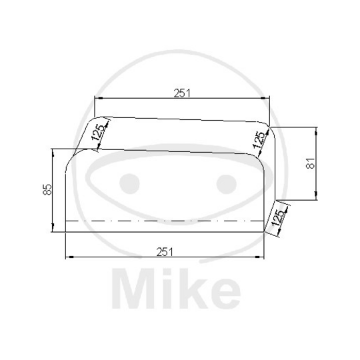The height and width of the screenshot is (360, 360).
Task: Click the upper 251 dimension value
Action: (x=181, y=93)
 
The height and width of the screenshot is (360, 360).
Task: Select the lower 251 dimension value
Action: (x=165, y=251)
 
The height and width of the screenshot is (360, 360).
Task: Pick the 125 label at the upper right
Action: (x=257, y=141)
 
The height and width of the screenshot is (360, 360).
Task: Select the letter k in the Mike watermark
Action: (x=194, y=289)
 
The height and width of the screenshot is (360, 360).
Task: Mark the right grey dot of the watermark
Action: (x=227, y=182)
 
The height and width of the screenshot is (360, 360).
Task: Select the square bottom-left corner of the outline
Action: (x=65, y=231)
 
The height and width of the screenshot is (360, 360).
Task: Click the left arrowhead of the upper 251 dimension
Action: (x=97, y=99)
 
